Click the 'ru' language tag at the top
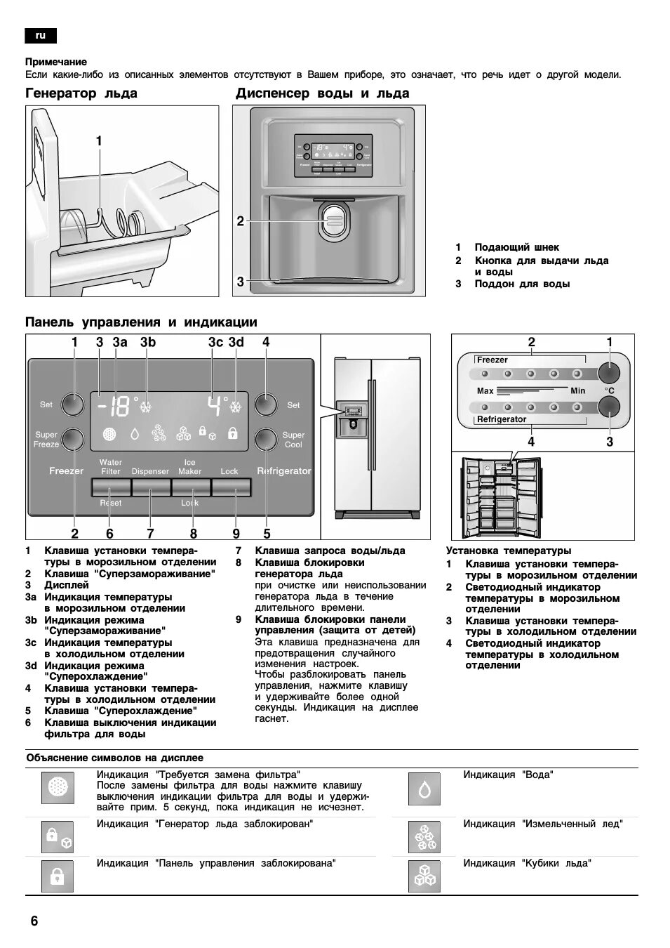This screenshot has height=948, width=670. (x=40, y=35)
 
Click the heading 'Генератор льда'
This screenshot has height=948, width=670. (x=81, y=93)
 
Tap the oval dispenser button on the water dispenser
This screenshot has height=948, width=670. (x=333, y=220)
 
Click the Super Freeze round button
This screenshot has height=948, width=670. (x=72, y=440)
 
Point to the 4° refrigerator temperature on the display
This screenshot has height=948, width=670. (x=217, y=405)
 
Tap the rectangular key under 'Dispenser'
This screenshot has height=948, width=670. (x=151, y=487)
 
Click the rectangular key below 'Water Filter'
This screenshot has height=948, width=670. (x=111, y=487)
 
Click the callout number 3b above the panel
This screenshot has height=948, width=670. (x=147, y=342)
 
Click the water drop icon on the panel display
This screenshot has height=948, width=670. (x=135, y=435)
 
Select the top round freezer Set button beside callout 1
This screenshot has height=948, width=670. (x=72, y=404)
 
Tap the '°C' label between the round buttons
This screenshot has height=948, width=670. (x=609, y=390)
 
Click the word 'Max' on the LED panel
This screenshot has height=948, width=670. (x=485, y=390)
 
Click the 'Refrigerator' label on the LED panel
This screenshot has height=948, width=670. (x=502, y=419)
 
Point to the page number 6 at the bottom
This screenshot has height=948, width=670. (x=34, y=921)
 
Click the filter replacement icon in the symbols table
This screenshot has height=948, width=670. (x=57, y=788)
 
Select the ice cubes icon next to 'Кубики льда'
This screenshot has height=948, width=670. (x=424, y=876)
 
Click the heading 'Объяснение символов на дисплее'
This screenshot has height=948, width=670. (x=114, y=758)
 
